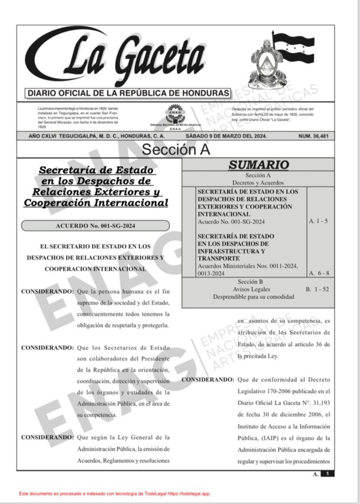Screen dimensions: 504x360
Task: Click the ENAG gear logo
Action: [x=175, y=113]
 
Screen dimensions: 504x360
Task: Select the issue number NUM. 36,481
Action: [x=316, y=136]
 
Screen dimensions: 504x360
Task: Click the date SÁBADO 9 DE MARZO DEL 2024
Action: [x=226, y=136]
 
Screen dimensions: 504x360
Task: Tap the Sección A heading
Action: [x=176, y=149]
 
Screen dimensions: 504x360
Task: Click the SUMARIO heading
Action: [x=258, y=165]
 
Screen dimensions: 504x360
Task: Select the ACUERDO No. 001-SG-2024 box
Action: [x=95, y=226]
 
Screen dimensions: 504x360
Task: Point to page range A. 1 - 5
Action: [x=318, y=221]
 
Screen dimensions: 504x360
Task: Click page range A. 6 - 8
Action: [x=318, y=273]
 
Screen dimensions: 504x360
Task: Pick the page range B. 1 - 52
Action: [x=318, y=289]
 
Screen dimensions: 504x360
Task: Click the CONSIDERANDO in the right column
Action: [x=207, y=379]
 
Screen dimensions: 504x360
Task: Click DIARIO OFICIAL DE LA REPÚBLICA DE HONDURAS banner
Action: [x=128, y=93]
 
